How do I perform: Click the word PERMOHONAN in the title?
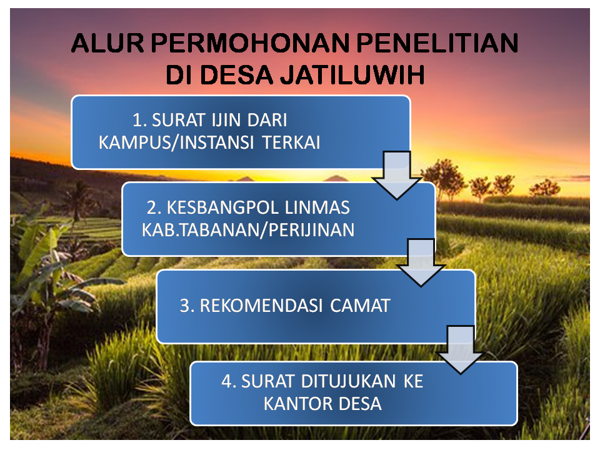pos(250,42)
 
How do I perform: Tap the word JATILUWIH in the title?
pos(352,74)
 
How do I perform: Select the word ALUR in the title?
pos(107,42)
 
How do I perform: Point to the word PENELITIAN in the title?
pos(437,42)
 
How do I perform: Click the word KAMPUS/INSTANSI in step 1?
pos(176,142)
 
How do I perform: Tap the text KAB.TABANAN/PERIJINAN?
pos(248,230)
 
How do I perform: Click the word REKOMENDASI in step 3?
pos(261,306)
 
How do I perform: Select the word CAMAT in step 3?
pos(360,306)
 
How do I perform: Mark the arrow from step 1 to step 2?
pos(397,175)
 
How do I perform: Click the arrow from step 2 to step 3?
pos(421,262)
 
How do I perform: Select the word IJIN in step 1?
pos(226,120)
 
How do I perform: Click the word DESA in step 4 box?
pos(361,404)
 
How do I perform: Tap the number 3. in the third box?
pos(186,306)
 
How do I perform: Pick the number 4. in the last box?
pos(228,381)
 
